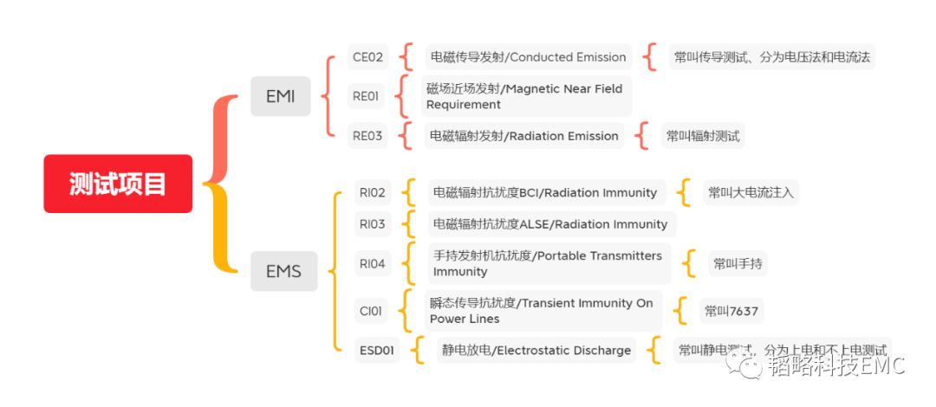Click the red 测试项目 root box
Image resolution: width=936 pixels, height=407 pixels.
coord(118,184)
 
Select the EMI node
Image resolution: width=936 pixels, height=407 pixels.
coord(280,96)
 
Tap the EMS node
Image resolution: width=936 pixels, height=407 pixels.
coord(283,271)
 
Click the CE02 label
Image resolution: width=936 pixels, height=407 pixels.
coord(367,57)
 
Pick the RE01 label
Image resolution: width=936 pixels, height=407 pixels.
coord(365,96)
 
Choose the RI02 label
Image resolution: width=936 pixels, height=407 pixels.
coord(372,192)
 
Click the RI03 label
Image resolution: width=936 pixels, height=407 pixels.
coord(372,224)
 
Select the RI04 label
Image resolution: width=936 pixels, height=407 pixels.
coord(372,263)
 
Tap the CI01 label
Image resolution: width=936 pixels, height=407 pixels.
coord(370,311)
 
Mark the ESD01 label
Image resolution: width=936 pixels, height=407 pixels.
coord(377,351)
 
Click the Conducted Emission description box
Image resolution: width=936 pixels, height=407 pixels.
coord(528,57)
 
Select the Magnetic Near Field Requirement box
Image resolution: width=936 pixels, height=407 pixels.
coord(526,96)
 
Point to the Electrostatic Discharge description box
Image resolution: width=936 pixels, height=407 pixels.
coord(536,351)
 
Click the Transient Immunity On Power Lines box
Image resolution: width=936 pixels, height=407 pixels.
coord(543,311)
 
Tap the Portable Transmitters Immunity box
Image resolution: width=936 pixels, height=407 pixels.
coord(548,263)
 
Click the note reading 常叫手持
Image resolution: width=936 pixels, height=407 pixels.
coord(737,263)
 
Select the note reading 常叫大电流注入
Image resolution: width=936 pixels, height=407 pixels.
coord(750,192)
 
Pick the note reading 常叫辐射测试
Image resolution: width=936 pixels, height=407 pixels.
coord(703,135)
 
